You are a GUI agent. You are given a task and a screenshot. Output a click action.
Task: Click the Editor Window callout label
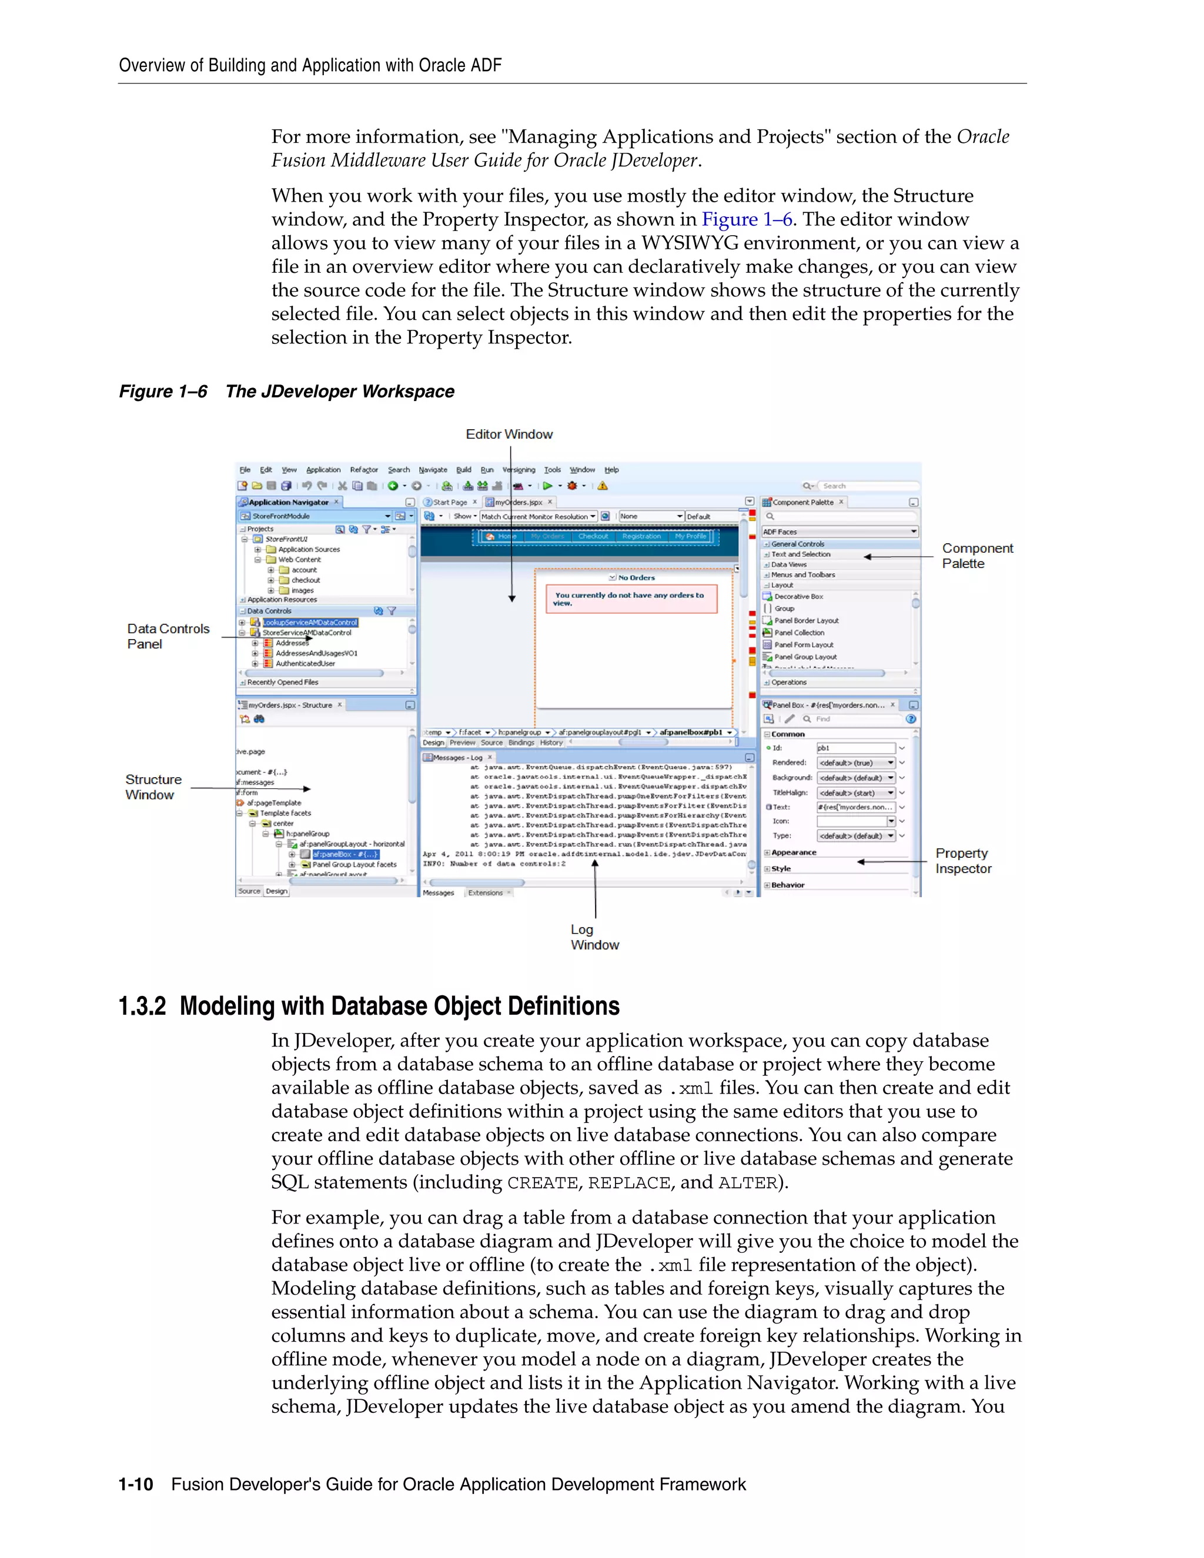(509, 434)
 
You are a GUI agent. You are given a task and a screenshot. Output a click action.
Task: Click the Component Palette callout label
(976, 556)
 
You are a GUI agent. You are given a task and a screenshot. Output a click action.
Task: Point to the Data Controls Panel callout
(168, 636)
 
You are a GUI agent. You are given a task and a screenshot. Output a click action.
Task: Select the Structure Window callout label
(153, 787)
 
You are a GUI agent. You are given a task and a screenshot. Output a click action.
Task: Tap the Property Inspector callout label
(963, 861)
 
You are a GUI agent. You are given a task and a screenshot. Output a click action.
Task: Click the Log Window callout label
(594, 937)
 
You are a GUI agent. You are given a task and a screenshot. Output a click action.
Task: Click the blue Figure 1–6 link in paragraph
(747, 220)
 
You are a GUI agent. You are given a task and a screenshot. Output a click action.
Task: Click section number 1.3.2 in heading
(142, 1007)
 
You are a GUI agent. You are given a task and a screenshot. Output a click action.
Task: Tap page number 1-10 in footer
(136, 1485)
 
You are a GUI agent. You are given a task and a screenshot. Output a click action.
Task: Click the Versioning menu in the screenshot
(519, 470)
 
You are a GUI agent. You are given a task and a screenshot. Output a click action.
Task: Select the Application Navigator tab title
(288, 502)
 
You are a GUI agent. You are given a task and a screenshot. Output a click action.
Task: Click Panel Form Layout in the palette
(803, 645)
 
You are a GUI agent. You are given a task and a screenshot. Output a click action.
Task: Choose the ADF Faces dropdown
(840, 531)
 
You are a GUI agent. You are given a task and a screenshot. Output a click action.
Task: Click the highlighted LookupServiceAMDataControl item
(310, 623)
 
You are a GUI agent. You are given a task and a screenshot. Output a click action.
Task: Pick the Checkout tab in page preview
(593, 536)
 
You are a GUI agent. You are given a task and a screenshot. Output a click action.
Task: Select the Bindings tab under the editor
(521, 743)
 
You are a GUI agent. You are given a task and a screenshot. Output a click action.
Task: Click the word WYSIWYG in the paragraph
(689, 243)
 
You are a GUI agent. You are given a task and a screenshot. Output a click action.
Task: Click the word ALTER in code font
(747, 1183)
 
